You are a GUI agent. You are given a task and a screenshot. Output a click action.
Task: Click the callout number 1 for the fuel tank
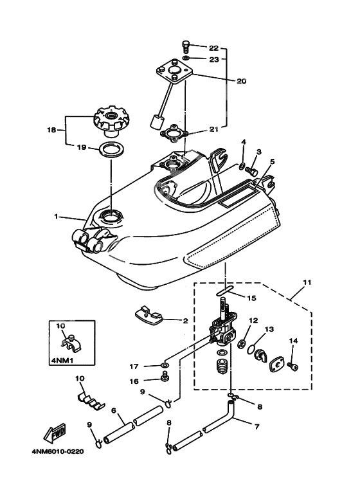57,217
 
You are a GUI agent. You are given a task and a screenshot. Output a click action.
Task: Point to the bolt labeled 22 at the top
185,46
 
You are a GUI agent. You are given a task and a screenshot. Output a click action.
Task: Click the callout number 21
213,129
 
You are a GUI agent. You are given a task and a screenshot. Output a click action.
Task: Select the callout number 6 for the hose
113,410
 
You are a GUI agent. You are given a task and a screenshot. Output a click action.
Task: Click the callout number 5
272,163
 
